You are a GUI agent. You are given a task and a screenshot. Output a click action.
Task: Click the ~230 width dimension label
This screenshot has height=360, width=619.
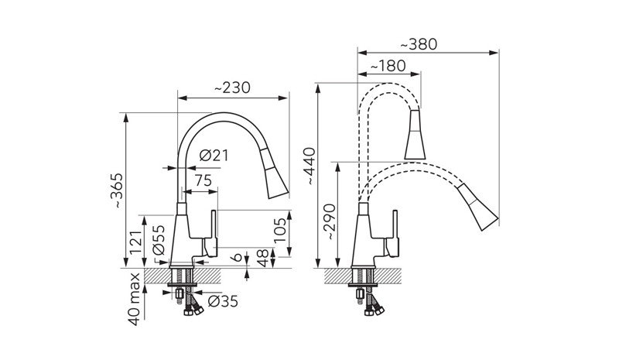pyautogui.click(x=232, y=87)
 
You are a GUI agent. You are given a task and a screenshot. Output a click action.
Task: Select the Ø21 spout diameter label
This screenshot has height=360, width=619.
pyautogui.click(x=214, y=156)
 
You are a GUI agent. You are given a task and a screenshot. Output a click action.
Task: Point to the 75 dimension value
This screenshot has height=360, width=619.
pyautogui.click(x=203, y=180)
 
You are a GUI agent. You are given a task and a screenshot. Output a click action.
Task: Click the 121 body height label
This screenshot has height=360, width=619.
pyautogui.click(x=135, y=243)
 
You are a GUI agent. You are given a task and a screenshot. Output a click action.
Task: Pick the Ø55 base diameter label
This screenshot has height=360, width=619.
pyautogui.click(x=159, y=240)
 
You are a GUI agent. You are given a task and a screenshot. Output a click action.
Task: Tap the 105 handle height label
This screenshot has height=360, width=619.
pyautogui.click(x=280, y=232)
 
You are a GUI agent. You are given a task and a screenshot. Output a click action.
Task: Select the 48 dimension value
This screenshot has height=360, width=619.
pyautogui.click(x=263, y=258)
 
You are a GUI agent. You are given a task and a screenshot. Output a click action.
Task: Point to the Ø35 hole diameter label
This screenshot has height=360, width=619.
pyautogui.click(x=223, y=301)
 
